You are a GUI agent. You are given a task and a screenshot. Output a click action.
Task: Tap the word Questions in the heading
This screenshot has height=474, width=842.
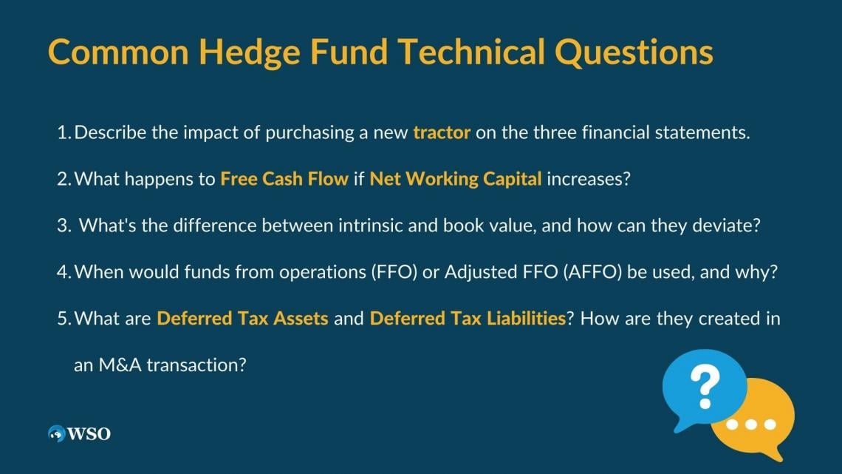(634, 53)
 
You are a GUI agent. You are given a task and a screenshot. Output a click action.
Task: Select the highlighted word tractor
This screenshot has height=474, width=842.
(442, 133)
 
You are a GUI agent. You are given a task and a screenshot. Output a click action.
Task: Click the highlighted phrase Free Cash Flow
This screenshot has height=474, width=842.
(284, 179)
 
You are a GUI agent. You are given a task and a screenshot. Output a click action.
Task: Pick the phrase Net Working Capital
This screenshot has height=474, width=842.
(456, 179)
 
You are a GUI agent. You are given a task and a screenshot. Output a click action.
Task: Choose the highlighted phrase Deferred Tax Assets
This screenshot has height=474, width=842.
(242, 318)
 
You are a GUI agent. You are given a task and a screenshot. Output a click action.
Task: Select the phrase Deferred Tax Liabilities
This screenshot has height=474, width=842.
(468, 318)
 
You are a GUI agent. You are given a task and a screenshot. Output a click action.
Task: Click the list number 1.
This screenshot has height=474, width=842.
(64, 133)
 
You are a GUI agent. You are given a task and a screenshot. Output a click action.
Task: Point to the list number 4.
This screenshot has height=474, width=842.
(64, 272)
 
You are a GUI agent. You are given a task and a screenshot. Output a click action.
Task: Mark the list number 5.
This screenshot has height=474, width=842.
(64, 319)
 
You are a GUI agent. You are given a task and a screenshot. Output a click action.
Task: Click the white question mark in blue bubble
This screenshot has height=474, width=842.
(705, 387)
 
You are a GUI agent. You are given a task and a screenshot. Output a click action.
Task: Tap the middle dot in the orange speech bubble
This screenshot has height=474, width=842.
(750, 424)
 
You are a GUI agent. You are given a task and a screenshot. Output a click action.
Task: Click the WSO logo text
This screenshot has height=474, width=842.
(89, 433)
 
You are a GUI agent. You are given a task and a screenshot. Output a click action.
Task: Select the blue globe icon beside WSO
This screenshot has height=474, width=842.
(56, 433)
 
